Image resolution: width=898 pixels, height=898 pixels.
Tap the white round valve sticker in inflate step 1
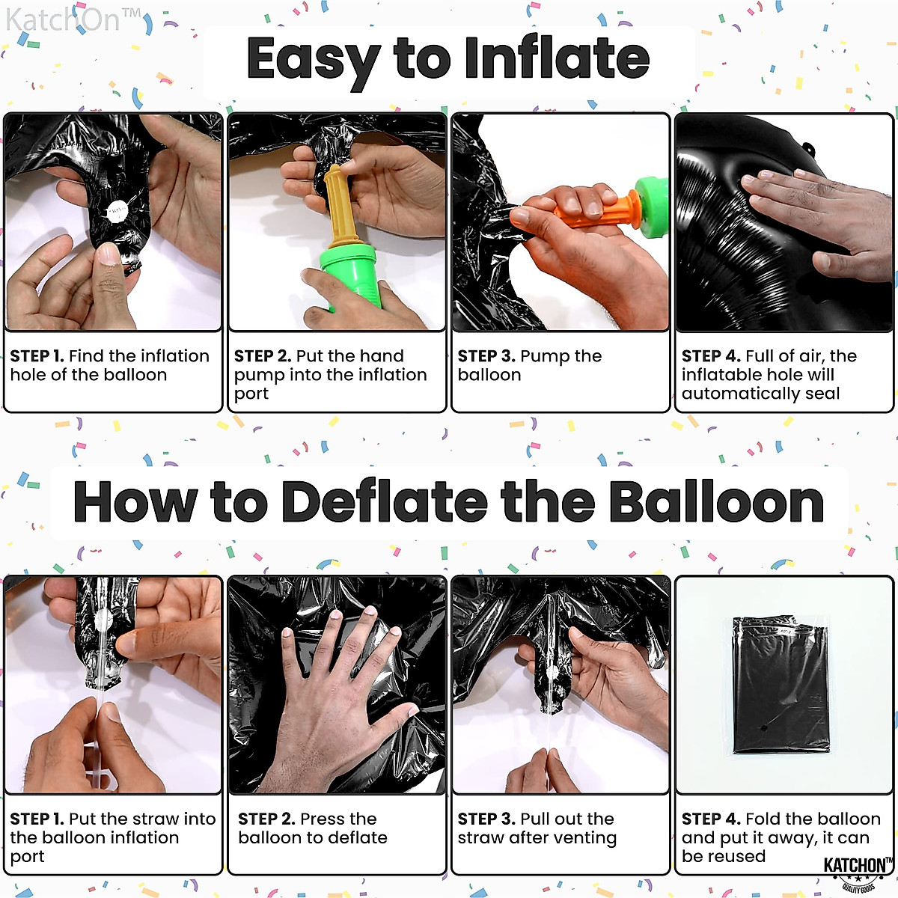pyautogui.click(x=117, y=210)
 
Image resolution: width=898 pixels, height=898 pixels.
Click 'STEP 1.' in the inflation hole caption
pyautogui.click(x=37, y=356)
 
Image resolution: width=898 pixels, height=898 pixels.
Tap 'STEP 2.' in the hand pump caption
pyautogui.click(x=262, y=356)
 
